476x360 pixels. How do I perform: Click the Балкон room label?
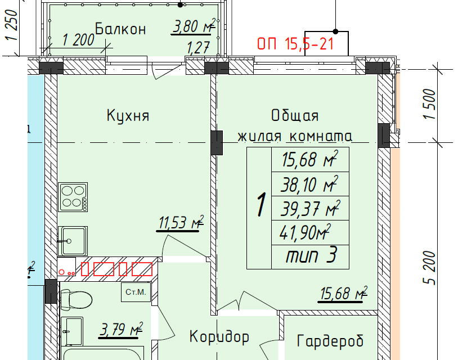120,29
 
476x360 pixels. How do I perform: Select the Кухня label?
128,116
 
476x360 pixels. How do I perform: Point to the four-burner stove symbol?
74,197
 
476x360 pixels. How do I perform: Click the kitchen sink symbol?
73,240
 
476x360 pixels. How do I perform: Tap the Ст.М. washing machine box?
136,292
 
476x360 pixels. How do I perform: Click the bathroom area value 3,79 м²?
120,330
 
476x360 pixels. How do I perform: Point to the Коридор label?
219,337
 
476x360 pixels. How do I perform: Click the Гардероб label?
330,340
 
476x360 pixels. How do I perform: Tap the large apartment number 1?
260,206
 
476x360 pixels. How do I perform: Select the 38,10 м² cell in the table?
309,183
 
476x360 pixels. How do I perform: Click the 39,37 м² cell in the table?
309,209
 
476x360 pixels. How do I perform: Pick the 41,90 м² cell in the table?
309,232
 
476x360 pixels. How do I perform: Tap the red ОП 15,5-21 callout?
295,43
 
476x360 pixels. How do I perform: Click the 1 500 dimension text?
430,104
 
